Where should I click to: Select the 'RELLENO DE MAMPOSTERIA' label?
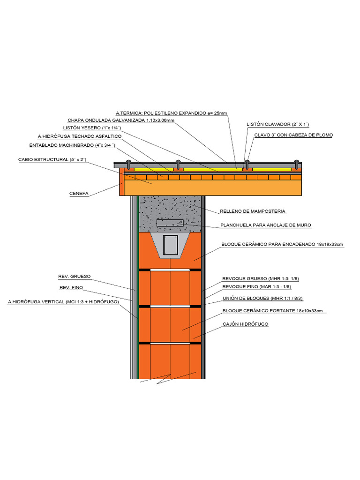pos(252,211)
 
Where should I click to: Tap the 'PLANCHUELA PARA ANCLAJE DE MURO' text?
pos(265,225)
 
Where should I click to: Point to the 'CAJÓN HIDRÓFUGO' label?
pos(245,324)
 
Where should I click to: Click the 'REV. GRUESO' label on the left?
pos(75,276)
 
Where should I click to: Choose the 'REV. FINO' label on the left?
pos(71,287)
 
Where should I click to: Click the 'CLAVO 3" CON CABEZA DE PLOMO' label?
pos(293,135)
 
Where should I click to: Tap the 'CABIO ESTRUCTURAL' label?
pos(52,160)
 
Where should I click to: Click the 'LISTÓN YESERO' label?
pos(92,128)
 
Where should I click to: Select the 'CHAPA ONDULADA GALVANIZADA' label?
pos(121,120)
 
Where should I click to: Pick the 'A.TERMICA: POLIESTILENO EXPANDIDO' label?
pos(172,113)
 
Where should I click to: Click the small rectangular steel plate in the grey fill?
pos(169,224)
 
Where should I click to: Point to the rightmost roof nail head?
pos(296,164)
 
